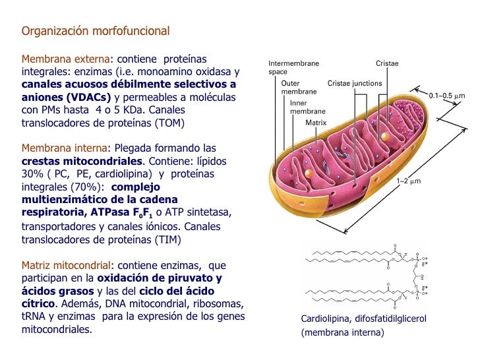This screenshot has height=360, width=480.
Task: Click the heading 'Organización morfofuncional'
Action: point(96,31)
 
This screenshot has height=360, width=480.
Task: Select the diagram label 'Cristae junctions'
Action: point(355,84)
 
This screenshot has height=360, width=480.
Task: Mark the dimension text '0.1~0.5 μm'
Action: point(447,96)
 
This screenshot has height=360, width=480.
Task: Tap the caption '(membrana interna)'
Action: point(342,332)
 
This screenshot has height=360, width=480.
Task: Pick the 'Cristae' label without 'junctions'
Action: point(387,63)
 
